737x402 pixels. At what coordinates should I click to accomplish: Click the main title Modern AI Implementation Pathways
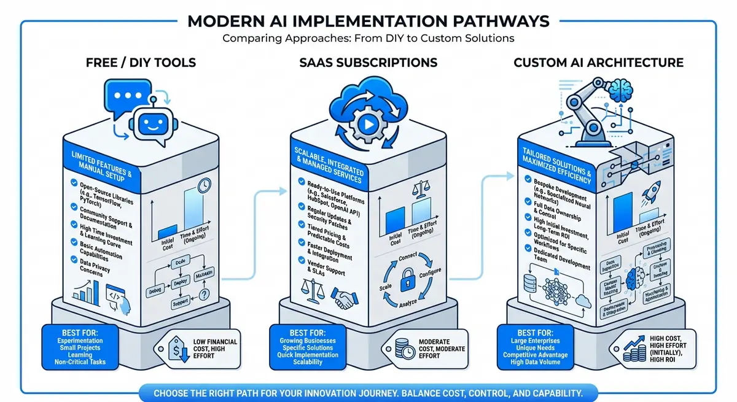[368, 21]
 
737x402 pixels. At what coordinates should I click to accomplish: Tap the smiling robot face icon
[149, 123]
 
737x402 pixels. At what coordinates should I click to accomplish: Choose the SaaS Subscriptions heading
[368, 63]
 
